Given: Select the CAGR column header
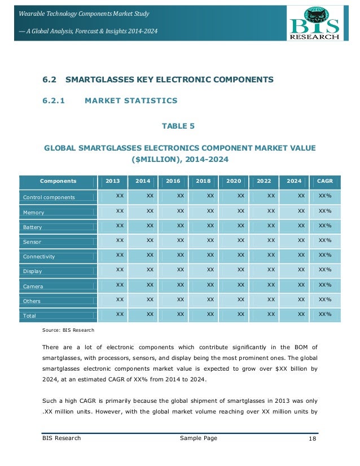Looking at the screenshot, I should point(324,181).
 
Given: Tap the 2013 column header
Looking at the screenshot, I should point(112,181).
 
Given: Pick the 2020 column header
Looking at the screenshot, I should point(233,181).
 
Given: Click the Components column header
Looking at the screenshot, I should point(58,181).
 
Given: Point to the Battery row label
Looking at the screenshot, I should point(32,227).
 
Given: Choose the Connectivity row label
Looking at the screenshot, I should point(38,257).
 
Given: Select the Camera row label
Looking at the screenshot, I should point(33,286).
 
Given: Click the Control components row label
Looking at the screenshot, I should point(49,197).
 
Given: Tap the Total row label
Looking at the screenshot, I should point(29,316).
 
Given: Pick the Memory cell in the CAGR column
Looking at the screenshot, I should point(324,210).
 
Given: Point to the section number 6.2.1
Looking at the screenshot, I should point(54,101).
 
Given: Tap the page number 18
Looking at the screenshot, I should point(313,438).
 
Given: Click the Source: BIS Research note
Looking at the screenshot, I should point(68,329).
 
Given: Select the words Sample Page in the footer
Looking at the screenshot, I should point(198,438).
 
